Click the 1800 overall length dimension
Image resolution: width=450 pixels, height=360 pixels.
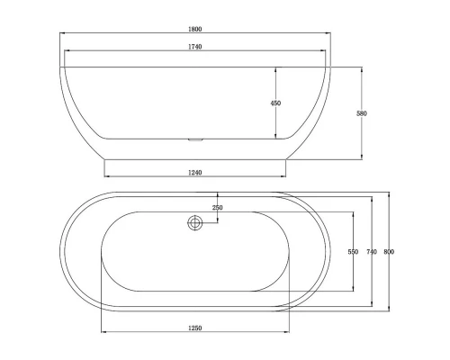click(194, 29)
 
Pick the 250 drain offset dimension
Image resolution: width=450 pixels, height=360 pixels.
click(217, 208)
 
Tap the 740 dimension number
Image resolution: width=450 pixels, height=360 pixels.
click(372, 252)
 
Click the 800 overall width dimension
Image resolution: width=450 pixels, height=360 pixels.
click(389, 252)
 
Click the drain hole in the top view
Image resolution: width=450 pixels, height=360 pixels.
click(195, 223)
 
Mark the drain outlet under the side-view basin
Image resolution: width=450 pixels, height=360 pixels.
click(194, 140)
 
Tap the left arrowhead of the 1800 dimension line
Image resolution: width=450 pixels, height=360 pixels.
click(63, 34)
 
